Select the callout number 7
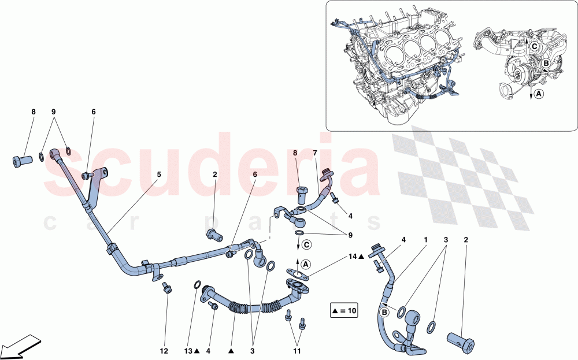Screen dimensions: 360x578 click(x=315, y=153)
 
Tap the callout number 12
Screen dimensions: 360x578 click(x=164, y=350)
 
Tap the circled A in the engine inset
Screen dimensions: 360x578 click(x=538, y=92)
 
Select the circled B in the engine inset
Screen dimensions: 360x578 click(x=545, y=64)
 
